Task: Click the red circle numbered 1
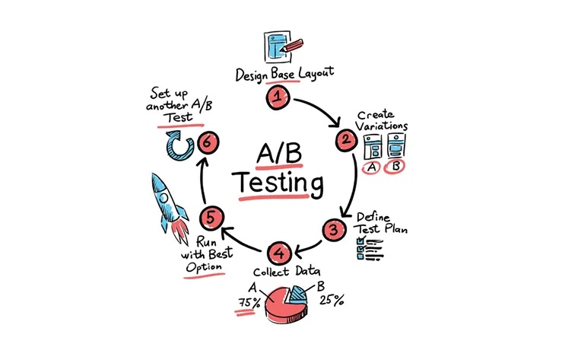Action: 278,97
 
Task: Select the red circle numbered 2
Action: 346,140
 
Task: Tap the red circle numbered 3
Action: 334,230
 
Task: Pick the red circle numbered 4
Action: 280,253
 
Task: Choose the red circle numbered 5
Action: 211,218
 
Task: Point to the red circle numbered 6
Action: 208,142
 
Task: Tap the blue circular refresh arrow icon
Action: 179,145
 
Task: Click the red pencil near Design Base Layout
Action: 292,46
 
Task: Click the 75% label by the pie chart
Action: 249,303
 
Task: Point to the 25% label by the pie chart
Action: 332,300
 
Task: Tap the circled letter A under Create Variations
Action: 371,167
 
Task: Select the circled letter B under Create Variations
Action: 395,167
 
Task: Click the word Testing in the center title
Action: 280,184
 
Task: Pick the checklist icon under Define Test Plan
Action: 370,248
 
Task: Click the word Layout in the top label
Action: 316,73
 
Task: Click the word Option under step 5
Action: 204,267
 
